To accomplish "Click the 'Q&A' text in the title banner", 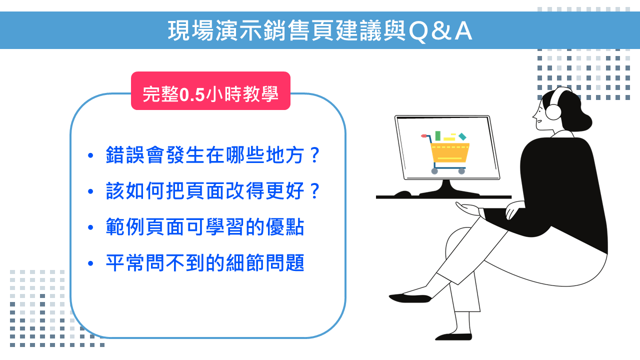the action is point(440,31).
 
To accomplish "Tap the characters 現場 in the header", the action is point(191,30).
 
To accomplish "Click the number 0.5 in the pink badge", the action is point(192,94).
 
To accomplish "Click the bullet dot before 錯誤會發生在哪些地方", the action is point(90,155).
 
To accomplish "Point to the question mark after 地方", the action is point(314,155).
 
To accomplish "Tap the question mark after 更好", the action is point(314,191).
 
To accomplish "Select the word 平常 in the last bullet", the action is point(125,262).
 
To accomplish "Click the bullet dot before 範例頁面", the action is point(90,227).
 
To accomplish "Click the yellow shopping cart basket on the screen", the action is point(449,152).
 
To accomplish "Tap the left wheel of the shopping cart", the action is point(434,171).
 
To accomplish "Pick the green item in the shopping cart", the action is point(437,135).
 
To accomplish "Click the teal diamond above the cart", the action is point(462,136).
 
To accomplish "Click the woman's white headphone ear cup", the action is point(553,112).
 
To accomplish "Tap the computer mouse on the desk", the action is point(402,193).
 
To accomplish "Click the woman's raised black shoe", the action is point(410,298).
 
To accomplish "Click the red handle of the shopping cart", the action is point(424,135).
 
